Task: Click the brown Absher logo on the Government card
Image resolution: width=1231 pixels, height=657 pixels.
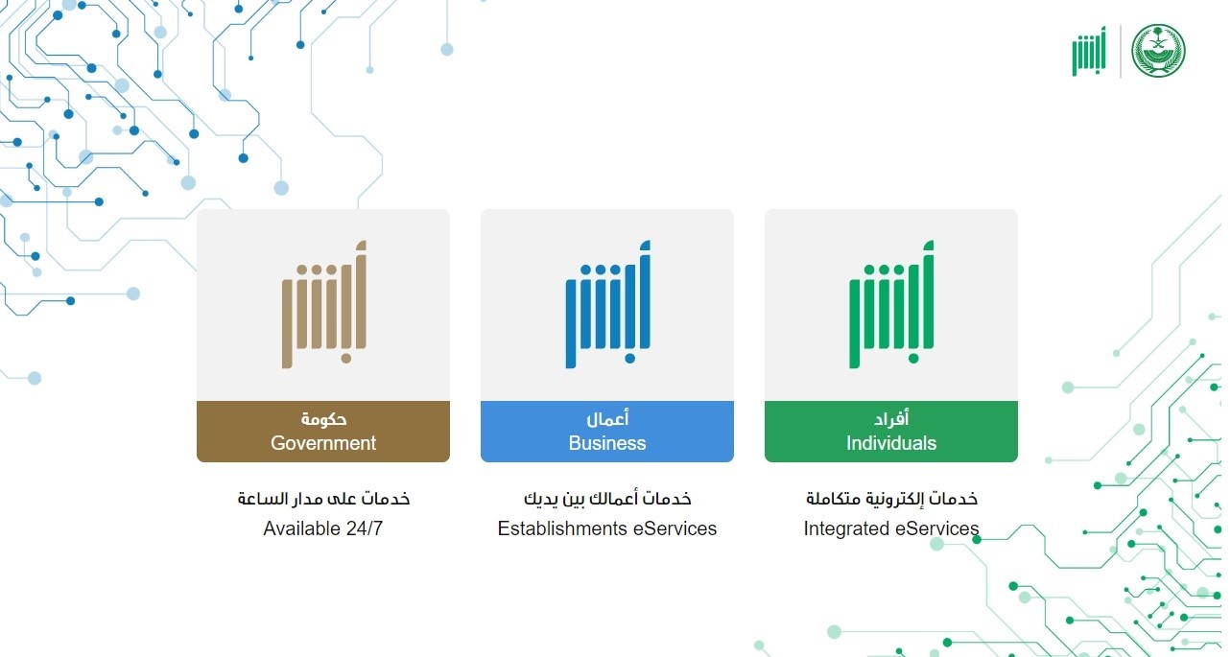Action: point(323,304)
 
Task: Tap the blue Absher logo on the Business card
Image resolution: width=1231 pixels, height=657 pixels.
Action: point(607,304)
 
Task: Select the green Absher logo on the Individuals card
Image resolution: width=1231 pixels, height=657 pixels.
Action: point(891,304)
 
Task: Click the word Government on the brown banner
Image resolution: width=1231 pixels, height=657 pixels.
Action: point(323,443)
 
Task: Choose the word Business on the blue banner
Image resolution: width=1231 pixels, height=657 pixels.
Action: point(607,443)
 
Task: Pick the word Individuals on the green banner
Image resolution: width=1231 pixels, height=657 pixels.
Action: point(891,443)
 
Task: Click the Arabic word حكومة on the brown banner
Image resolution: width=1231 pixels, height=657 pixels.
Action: point(323,419)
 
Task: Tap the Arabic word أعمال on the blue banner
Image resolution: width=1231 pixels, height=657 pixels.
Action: point(607,418)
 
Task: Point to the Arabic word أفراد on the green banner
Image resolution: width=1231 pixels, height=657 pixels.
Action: point(891,418)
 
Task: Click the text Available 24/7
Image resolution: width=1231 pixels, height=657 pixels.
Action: point(323,528)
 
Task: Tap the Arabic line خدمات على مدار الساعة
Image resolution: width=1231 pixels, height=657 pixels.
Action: point(323,499)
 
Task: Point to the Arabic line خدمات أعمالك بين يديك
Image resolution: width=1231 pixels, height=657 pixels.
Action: point(607,499)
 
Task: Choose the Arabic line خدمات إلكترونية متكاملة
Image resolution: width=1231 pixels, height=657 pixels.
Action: point(891,499)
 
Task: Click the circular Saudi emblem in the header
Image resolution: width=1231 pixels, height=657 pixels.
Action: point(1158,51)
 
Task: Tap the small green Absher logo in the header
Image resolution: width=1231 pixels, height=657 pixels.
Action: point(1089,51)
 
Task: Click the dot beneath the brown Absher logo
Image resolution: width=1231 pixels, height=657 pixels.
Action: point(346,359)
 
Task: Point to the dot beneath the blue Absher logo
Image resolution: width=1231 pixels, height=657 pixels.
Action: point(630,359)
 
